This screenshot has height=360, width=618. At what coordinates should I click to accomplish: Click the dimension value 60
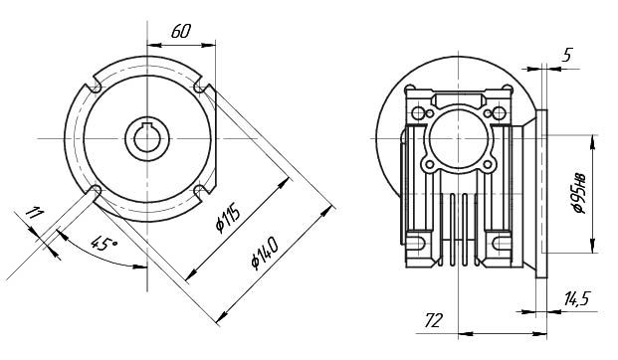pos(181,31)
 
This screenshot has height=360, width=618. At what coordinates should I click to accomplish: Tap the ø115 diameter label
pos(228,218)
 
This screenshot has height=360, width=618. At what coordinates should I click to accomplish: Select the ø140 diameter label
pos(265,253)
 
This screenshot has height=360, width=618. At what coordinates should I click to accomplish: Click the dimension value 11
pos(34,213)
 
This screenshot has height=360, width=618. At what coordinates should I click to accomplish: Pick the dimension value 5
pos(566,55)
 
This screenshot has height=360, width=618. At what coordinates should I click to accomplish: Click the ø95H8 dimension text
pos(580,193)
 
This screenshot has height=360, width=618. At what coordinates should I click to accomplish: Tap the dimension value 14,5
pos(576,299)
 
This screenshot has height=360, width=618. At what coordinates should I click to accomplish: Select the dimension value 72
pos(434,320)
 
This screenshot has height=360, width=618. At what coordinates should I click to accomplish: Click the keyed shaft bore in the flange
pos(147,138)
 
